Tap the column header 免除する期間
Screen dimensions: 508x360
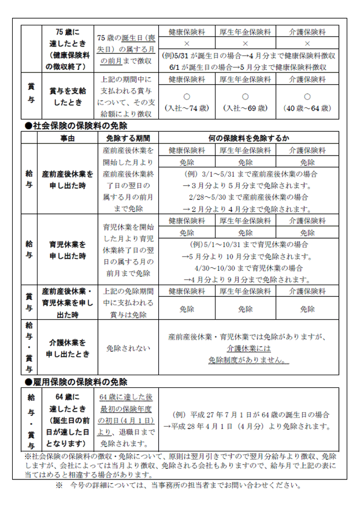127,138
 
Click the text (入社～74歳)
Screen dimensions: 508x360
187,108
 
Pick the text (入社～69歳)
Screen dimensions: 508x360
245,108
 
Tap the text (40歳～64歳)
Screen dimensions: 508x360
307,108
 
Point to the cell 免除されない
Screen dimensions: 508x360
128,348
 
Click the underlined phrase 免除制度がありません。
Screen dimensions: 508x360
248,359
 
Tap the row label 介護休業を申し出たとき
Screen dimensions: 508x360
67,348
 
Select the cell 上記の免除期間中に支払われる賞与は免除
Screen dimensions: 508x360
128,303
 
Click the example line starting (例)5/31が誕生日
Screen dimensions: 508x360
247,55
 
